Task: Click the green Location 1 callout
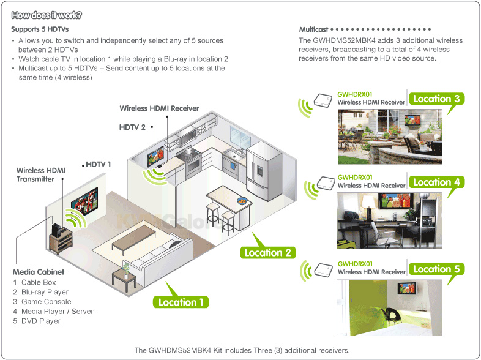click(181, 302)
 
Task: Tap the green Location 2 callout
click(267, 252)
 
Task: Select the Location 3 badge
click(436, 99)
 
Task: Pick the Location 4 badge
click(436, 182)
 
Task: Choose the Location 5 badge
click(436, 269)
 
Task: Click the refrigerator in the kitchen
click(264, 170)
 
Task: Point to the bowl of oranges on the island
click(242, 201)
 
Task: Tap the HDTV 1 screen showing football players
click(84, 202)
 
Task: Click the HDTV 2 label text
click(132, 127)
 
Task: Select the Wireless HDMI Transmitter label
click(41, 174)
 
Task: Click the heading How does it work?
click(47, 15)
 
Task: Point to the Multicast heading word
click(313, 29)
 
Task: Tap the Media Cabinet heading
click(39, 272)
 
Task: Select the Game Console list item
click(42, 302)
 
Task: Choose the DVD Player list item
click(37, 321)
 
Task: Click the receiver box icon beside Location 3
click(323, 100)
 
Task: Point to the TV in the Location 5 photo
click(407, 288)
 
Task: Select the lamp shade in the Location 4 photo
click(368, 202)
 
